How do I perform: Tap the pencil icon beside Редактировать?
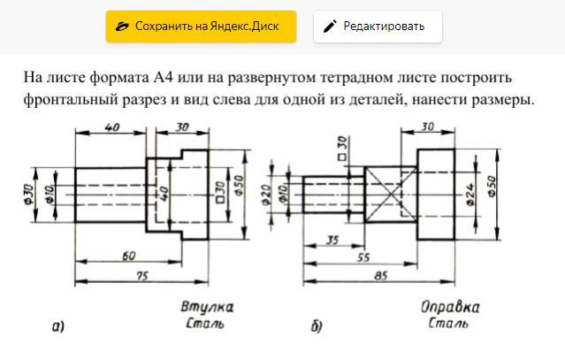click(330, 27)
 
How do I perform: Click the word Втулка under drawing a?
click(207, 308)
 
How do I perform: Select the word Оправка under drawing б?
click(450, 308)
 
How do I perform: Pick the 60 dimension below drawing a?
click(128, 256)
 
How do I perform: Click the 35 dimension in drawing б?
click(333, 240)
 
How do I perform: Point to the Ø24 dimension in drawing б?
click(471, 192)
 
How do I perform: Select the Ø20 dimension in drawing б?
click(267, 194)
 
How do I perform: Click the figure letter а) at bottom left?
click(57, 327)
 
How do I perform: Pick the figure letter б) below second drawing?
click(316, 327)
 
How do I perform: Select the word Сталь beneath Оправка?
click(449, 324)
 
